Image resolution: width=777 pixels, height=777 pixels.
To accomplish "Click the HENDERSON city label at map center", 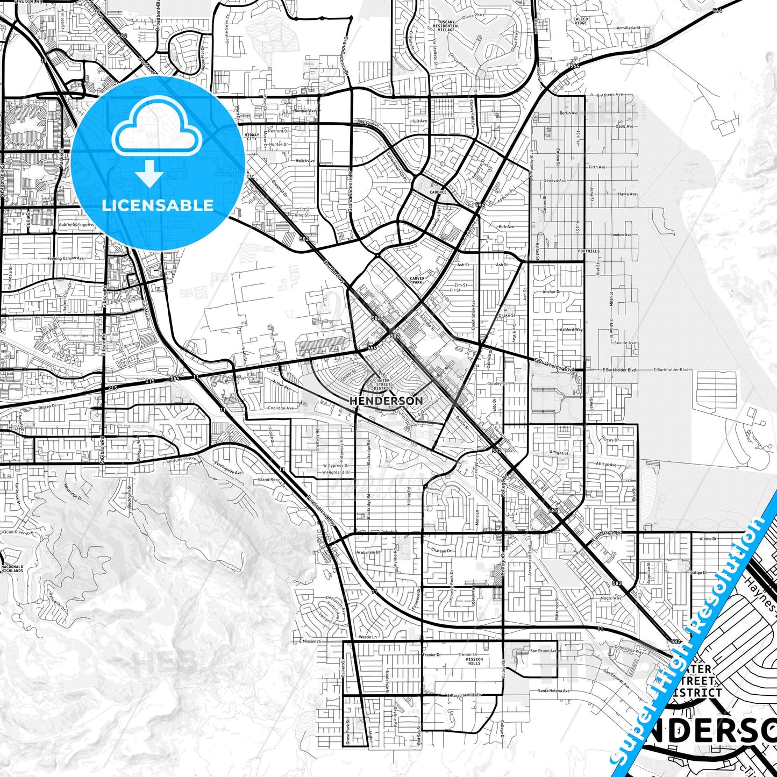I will [386, 401].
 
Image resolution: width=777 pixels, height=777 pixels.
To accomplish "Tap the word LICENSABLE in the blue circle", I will [158, 205].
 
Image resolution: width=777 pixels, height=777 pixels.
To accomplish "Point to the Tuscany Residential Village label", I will [446, 26].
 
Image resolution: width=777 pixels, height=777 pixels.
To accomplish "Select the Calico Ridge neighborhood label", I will [580, 21].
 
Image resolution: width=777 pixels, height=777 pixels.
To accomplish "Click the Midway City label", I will [252, 137].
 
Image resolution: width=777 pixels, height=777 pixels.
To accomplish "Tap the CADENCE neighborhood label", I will [438, 192].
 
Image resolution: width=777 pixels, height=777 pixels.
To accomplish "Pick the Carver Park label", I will [417, 280].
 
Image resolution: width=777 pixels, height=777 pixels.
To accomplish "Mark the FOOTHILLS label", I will [589, 251].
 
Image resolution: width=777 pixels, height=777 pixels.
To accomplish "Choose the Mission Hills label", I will [474, 661].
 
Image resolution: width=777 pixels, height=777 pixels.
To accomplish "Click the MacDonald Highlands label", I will [12, 568].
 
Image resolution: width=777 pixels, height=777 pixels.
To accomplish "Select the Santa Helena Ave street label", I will [553, 690].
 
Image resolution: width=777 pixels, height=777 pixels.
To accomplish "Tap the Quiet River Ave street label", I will [18, 532].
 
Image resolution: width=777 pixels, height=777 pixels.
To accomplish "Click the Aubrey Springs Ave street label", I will [76, 224].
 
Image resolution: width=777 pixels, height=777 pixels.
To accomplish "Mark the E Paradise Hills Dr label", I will [464, 695].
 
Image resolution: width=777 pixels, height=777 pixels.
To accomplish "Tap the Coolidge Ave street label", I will [281, 408].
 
